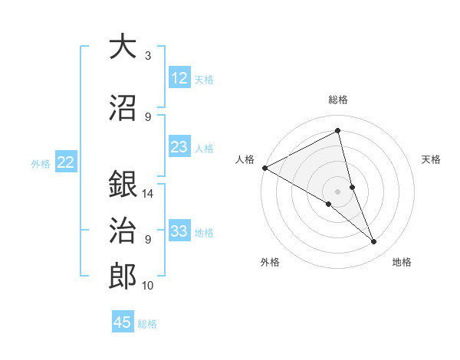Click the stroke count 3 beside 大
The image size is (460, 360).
148,56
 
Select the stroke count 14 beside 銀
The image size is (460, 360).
148,194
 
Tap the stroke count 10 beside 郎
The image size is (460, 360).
148,286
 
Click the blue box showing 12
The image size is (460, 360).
179,78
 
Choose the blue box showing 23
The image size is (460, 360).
179,147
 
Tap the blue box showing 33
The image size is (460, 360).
179,231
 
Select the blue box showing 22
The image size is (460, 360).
66,162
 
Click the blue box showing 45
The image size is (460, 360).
123,322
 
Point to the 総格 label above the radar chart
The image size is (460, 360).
337,100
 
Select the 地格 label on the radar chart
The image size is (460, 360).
402,262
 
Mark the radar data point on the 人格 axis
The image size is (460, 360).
264,168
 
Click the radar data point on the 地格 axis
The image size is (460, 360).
374,242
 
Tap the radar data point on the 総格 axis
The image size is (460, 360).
337,131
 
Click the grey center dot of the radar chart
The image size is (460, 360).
337,191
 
